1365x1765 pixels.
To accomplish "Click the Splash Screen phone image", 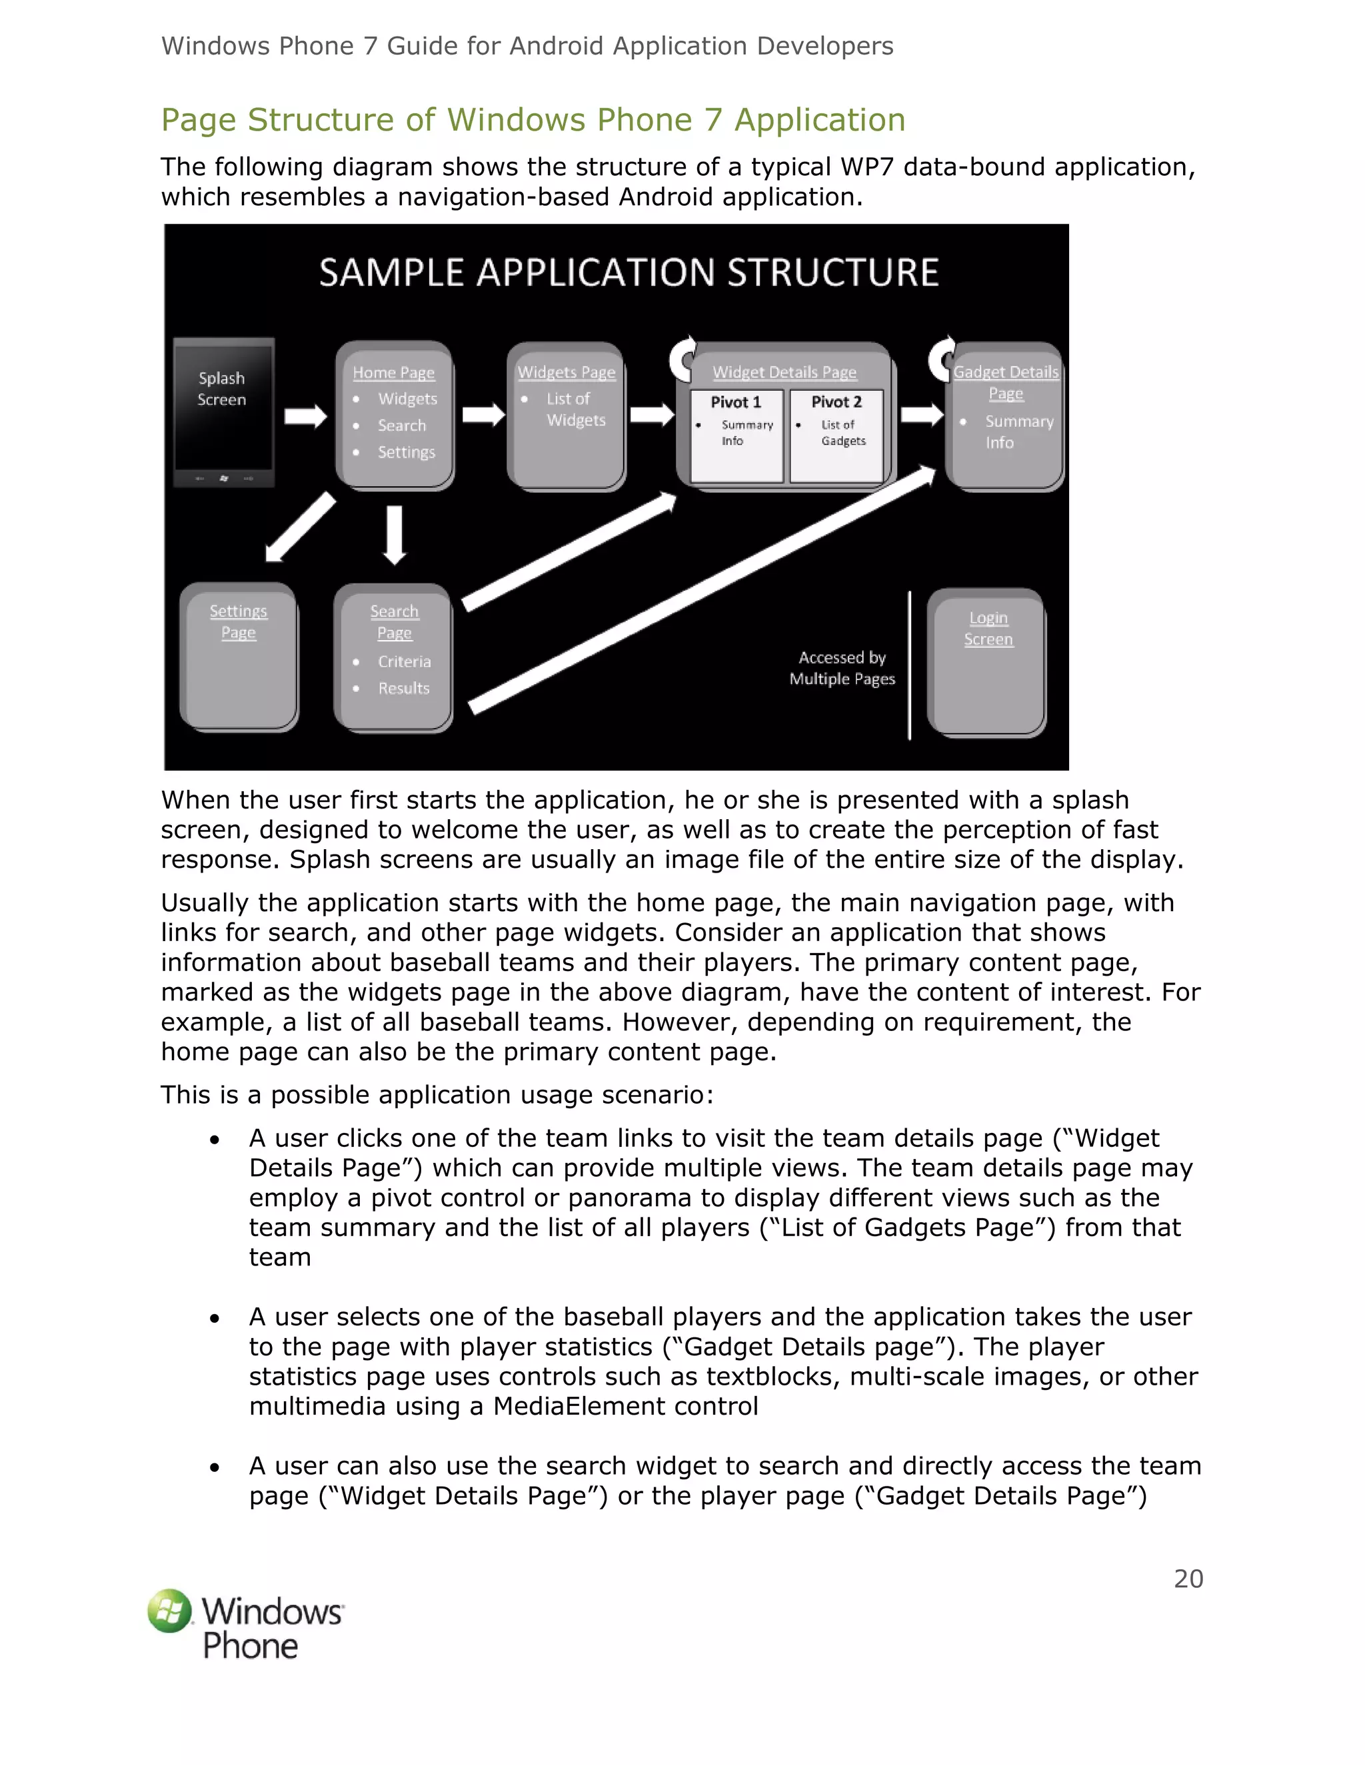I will pos(223,412).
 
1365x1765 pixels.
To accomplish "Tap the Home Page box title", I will pos(394,372).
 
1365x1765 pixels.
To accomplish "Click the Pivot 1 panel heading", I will pos(736,402).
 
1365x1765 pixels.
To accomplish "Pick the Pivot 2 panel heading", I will pos(836,402).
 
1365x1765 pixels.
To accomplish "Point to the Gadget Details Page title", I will pos(1005,382).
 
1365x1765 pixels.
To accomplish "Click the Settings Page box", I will pos(239,655).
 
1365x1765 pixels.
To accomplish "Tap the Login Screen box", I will pos(987,662).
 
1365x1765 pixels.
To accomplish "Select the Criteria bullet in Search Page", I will pos(403,662).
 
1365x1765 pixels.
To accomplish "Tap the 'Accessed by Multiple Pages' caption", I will pos(842,668).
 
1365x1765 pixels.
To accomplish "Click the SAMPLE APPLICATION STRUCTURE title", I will pos(629,273).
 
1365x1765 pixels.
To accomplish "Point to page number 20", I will pos(1188,1579).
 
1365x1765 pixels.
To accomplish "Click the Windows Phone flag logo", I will pos(170,1610).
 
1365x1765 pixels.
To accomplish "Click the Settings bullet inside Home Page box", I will pos(406,452).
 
